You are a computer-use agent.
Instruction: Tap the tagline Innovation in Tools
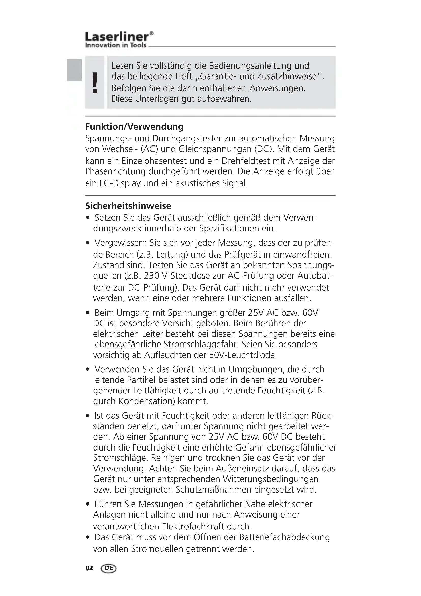pyautogui.click(x=116, y=45)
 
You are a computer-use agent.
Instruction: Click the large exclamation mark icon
pyautogui.click(x=95, y=82)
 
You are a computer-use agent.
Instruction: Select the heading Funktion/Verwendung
pyautogui.click(x=134, y=127)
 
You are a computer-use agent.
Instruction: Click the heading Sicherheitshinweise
pyautogui.click(x=128, y=206)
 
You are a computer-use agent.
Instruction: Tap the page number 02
pyautogui.click(x=89, y=568)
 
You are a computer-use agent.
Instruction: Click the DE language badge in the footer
pyautogui.click(x=109, y=568)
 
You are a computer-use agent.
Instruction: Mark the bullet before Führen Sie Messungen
pyautogui.click(x=88, y=504)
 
